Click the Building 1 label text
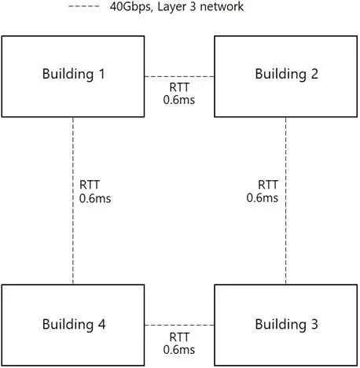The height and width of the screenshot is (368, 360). (74, 74)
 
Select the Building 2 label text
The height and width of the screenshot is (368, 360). (287, 74)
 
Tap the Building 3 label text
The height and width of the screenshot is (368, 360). (287, 325)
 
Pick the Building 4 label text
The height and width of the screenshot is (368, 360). (74, 325)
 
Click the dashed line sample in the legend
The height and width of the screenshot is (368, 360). (84, 6)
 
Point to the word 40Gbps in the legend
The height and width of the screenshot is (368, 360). (131, 7)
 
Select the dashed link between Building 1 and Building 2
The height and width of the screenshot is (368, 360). (179, 77)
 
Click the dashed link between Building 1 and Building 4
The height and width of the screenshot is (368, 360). (73, 201)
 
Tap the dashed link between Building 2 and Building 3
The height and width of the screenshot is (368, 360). (285, 201)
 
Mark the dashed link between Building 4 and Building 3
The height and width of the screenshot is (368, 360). (179, 325)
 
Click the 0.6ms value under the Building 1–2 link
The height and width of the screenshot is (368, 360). (179, 100)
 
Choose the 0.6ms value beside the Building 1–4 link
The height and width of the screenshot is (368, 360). (95, 198)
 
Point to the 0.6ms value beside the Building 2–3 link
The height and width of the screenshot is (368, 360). (263, 198)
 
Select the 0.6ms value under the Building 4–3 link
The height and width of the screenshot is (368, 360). (179, 350)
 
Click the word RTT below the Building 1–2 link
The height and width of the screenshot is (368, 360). (179, 87)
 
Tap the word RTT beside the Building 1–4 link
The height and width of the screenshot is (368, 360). (90, 185)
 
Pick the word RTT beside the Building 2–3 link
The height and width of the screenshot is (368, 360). (268, 185)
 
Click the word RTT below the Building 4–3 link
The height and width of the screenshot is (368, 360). (179, 337)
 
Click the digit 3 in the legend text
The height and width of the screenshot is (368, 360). (193, 6)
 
